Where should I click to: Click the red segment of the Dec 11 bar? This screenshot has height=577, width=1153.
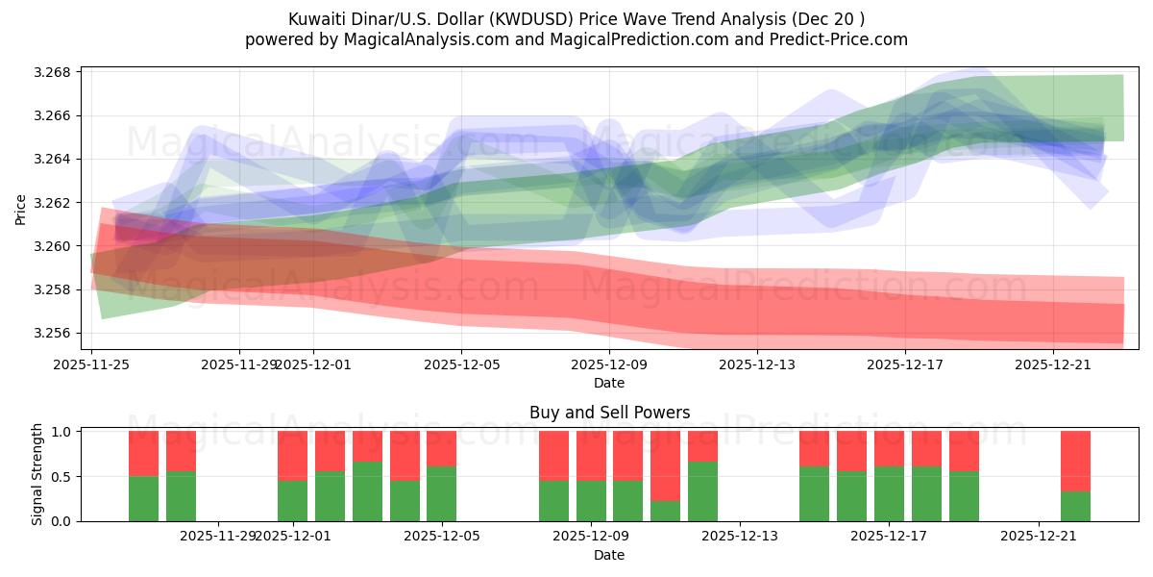point(665,465)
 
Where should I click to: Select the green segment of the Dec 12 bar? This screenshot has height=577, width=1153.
point(702,491)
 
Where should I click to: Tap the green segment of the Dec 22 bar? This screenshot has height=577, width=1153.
point(1075,506)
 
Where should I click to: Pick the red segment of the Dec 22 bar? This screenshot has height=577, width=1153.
point(1075,461)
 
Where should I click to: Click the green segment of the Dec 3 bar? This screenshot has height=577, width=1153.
point(367,491)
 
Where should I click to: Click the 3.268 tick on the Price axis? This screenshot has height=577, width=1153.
point(58,72)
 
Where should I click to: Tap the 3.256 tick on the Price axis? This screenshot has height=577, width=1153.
point(58,333)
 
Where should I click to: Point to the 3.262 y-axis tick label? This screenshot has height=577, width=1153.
point(58,203)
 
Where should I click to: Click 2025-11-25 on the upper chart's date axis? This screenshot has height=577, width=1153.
point(91,364)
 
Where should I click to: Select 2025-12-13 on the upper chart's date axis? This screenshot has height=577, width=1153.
point(757,364)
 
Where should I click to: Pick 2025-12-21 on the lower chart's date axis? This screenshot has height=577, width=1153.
point(1039,537)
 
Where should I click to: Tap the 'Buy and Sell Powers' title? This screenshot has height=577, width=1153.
point(609,413)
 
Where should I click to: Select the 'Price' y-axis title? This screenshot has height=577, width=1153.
point(21,208)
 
